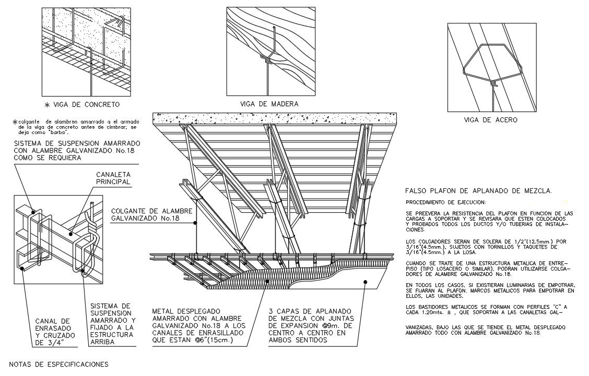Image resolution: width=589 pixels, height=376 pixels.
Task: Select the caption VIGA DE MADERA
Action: coord(269,104)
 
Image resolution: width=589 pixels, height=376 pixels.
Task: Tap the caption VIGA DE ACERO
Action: coord(490,120)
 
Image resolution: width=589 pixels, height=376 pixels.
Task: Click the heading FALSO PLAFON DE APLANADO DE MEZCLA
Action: coord(478,191)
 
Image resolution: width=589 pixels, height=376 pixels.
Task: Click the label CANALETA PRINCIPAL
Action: coord(113,178)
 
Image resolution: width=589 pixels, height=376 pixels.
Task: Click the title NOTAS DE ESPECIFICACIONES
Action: coord(59,364)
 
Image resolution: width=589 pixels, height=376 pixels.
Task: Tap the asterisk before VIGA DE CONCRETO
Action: coord(47,105)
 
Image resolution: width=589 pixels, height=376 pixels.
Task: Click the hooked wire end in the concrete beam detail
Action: coord(121,21)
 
